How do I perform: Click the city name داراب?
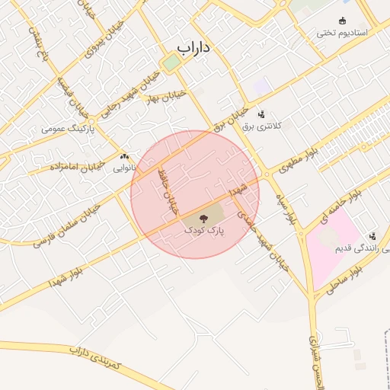pos(193,47)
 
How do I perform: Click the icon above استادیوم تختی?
pos(342,21)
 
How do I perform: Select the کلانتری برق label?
pos(262,126)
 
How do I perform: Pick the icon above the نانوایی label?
pos(124,155)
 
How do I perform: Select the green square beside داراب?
pos(169,64)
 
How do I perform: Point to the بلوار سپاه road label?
pos(286,208)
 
